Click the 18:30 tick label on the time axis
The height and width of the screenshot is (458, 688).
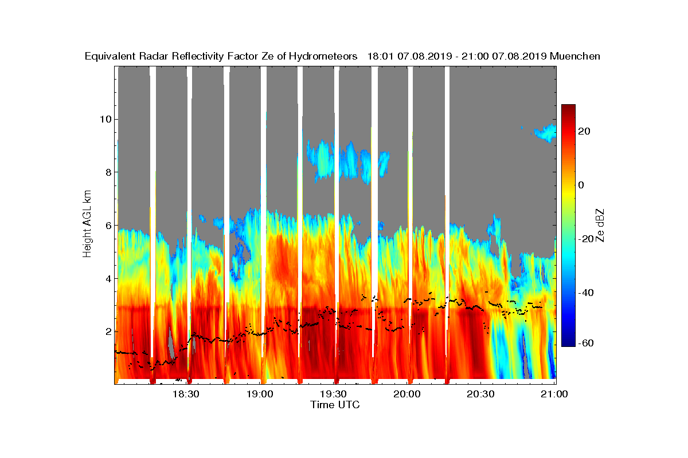[x=186, y=394]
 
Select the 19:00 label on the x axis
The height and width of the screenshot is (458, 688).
[x=260, y=394]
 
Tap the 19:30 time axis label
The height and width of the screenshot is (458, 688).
[x=333, y=394]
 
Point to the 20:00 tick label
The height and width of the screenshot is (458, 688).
[x=407, y=394]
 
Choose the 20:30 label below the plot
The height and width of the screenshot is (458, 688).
[x=480, y=394]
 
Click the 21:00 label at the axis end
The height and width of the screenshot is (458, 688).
[x=554, y=394]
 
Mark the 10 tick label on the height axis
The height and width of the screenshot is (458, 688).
[x=105, y=119]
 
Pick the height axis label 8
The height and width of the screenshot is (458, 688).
[x=108, y=172]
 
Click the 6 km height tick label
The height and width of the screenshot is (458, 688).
[x=108, y=226]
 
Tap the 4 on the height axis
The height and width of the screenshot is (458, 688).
[x=108, y=279]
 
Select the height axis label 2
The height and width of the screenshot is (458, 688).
[x=108, y=332]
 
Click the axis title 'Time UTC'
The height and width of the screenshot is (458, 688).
[x=335, y=405]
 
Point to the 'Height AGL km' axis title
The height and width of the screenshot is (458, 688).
[x=87, y=224]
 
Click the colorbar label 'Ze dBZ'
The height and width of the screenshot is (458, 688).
[x=600, y=226]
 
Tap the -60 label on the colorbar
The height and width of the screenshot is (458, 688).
[x=586, y=343]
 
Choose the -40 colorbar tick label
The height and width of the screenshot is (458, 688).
[x=586, y=293]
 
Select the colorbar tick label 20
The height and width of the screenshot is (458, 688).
[x=584, y=131]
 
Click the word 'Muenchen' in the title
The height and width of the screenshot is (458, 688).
[x=574, y=56]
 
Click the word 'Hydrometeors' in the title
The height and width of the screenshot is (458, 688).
[x=323, y=56]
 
